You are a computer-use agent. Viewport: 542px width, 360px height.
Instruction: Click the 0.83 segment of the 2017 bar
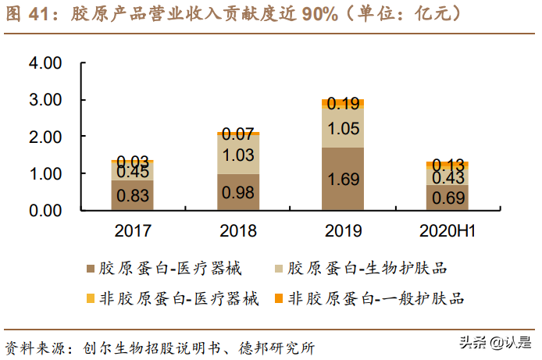[132, 195]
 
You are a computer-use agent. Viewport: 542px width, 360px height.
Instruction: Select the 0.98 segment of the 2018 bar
[237, 192]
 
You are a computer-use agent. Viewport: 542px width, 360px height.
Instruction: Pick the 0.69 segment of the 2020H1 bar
[448, 198]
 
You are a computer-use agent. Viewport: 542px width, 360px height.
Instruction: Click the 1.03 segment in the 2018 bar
[237, 155]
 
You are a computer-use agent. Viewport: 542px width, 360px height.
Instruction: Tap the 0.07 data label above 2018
[237, 134]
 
